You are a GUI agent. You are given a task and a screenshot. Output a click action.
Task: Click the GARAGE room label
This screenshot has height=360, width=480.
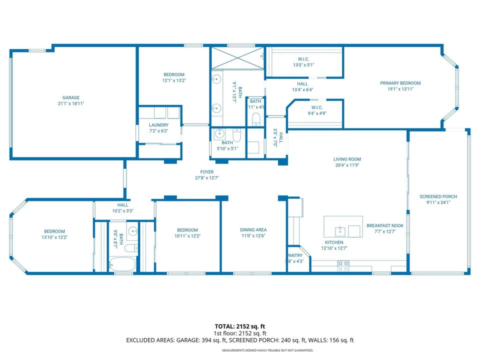tap(70, 97)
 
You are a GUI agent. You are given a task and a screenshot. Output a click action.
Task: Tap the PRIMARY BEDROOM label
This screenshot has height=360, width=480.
tap(400, 83)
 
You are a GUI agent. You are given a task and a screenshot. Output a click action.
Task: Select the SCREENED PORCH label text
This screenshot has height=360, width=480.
tap(438, 196)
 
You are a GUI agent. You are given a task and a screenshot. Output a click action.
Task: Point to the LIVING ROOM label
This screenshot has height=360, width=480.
tap(347, 159)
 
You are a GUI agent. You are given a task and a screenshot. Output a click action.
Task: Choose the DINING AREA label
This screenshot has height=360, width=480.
tap(254, 230)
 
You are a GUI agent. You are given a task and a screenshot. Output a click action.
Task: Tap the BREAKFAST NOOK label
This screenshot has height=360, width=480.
tap(384, 225)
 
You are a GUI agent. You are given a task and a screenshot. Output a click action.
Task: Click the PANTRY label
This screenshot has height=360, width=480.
tap(294, 255)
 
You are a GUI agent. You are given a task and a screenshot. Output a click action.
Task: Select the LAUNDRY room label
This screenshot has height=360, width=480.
tap(158, 125)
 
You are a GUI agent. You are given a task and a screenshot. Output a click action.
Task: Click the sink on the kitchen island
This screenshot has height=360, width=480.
tap(340, 230)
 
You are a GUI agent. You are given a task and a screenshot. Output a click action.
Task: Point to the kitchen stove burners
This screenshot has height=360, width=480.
tap(343, 266)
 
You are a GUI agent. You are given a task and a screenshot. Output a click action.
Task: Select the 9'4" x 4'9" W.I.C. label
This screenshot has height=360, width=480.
tap(316, 113)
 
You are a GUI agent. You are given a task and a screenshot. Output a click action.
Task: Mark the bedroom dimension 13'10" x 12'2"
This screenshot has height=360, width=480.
tap(54, 237)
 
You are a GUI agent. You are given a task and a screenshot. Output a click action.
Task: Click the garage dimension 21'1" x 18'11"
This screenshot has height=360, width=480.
tap(70, 103)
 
